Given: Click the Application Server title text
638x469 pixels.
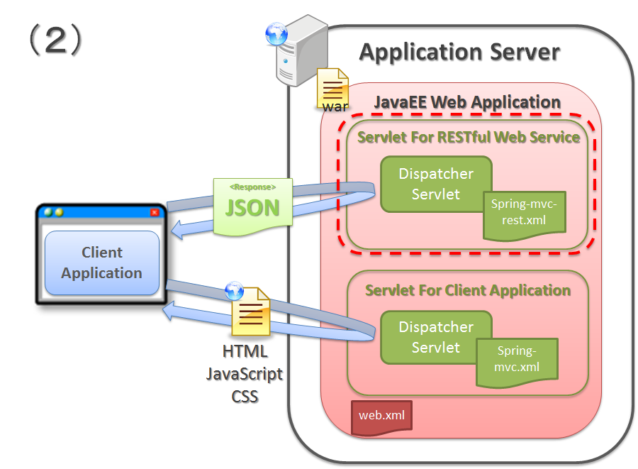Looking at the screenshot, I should click(x=459, y=52).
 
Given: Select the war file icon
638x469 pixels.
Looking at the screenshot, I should click(x=334, y=89).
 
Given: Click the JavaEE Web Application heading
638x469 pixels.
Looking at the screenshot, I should click(x=467, y=102).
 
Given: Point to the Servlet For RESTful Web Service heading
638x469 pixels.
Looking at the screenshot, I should click(x=469, y=137).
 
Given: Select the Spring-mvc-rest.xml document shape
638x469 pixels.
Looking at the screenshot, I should click(x=524, y=212).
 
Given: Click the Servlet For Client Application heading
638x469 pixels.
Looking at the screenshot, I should click(x=468, y=290).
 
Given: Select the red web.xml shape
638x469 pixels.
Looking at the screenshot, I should click(x=381, y=416).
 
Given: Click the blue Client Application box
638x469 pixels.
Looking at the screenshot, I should click(x=101, y=263).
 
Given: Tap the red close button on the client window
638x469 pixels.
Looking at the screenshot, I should click(x=155, y=211).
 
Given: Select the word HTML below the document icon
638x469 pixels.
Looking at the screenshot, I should click(x=245, y=352).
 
